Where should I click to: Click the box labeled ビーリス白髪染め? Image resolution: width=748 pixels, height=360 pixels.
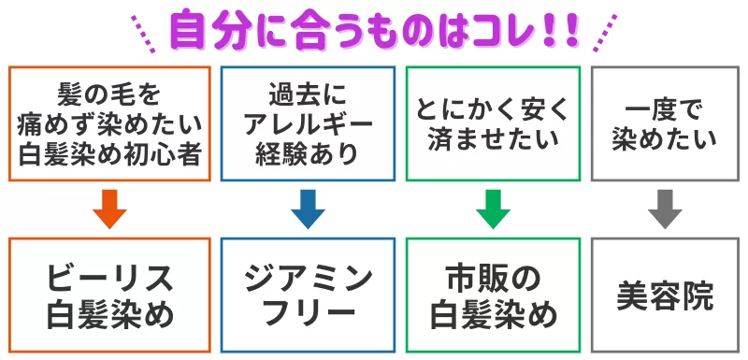click(109, 294)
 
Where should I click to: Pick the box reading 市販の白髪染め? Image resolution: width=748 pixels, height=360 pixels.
click(493, 294)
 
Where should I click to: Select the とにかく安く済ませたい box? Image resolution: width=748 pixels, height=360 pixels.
click(493, 123)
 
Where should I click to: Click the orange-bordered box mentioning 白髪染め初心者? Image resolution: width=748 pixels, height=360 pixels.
click(109, 123)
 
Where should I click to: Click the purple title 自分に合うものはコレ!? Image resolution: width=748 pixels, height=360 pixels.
click(374, 30)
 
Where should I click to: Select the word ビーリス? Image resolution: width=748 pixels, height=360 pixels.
click(109, 277)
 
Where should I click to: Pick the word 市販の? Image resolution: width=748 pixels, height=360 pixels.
click(493, 277)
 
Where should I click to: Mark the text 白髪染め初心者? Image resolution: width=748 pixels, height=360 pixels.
click(109, 153)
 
